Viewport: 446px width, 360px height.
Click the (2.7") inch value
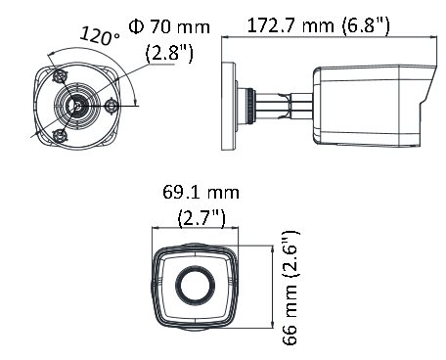[200, 215]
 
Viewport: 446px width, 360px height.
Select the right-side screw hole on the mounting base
[111, 101]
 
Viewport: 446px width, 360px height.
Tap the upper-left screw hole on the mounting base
[60, 75]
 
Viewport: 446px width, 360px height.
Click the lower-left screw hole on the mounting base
[60, 130]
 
